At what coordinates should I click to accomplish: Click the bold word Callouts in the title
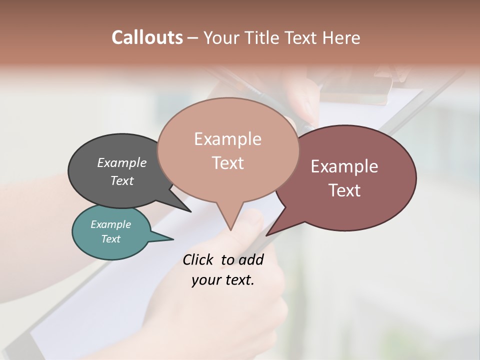coord(147,37)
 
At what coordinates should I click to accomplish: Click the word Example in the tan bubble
coord(227,139)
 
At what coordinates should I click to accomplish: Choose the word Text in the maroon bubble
coord(344,190)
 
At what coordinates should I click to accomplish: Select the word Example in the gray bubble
coord(122,162)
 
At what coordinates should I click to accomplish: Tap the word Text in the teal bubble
coord(111,239)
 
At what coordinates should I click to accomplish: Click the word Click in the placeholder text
coord(197,259)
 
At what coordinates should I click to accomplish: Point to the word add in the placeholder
coord(251,259)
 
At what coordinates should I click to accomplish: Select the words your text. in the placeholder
coord(223,280)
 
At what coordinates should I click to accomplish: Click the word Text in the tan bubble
coord(227,163)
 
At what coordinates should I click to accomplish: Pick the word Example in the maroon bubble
coord(344,166)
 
